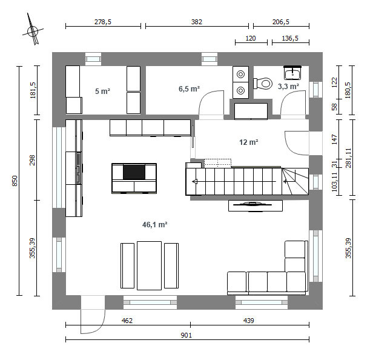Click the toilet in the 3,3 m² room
pyautogui.click(x=263, y=84)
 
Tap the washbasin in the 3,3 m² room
pyautogui.click(x=292, y=73)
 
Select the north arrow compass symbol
pyautogui.click(x=33, y=30)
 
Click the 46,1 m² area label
pyautogui.click(x=154, y=224)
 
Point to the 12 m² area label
pyautogui.click(x=249, y=142)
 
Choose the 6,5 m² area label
pyautogui.click(x=189, y=89)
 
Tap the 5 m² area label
pyautogui.click(x=102, y=91)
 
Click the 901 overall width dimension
pyautogui.click(x=187, y=335)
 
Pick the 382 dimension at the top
pyautogui.click(x=197, y=22)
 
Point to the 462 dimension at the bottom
pyautogui.click(x=127, y=321)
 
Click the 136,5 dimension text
pyautogui.click(x=290, y=38)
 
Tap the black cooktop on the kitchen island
pyautogui.click(x=134, y=172)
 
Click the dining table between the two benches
pyautogui.click(x=149, y=265)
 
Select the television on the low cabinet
pyautogui.click(x=253, y=204)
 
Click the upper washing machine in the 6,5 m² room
pyautogui.click(x=241, y=75)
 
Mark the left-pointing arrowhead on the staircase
pyautogui.click(x=195, y=182)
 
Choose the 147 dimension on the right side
pyautogui.click(x=335, y=139)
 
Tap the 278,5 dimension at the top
pyautogui.click(x=103, y=22)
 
